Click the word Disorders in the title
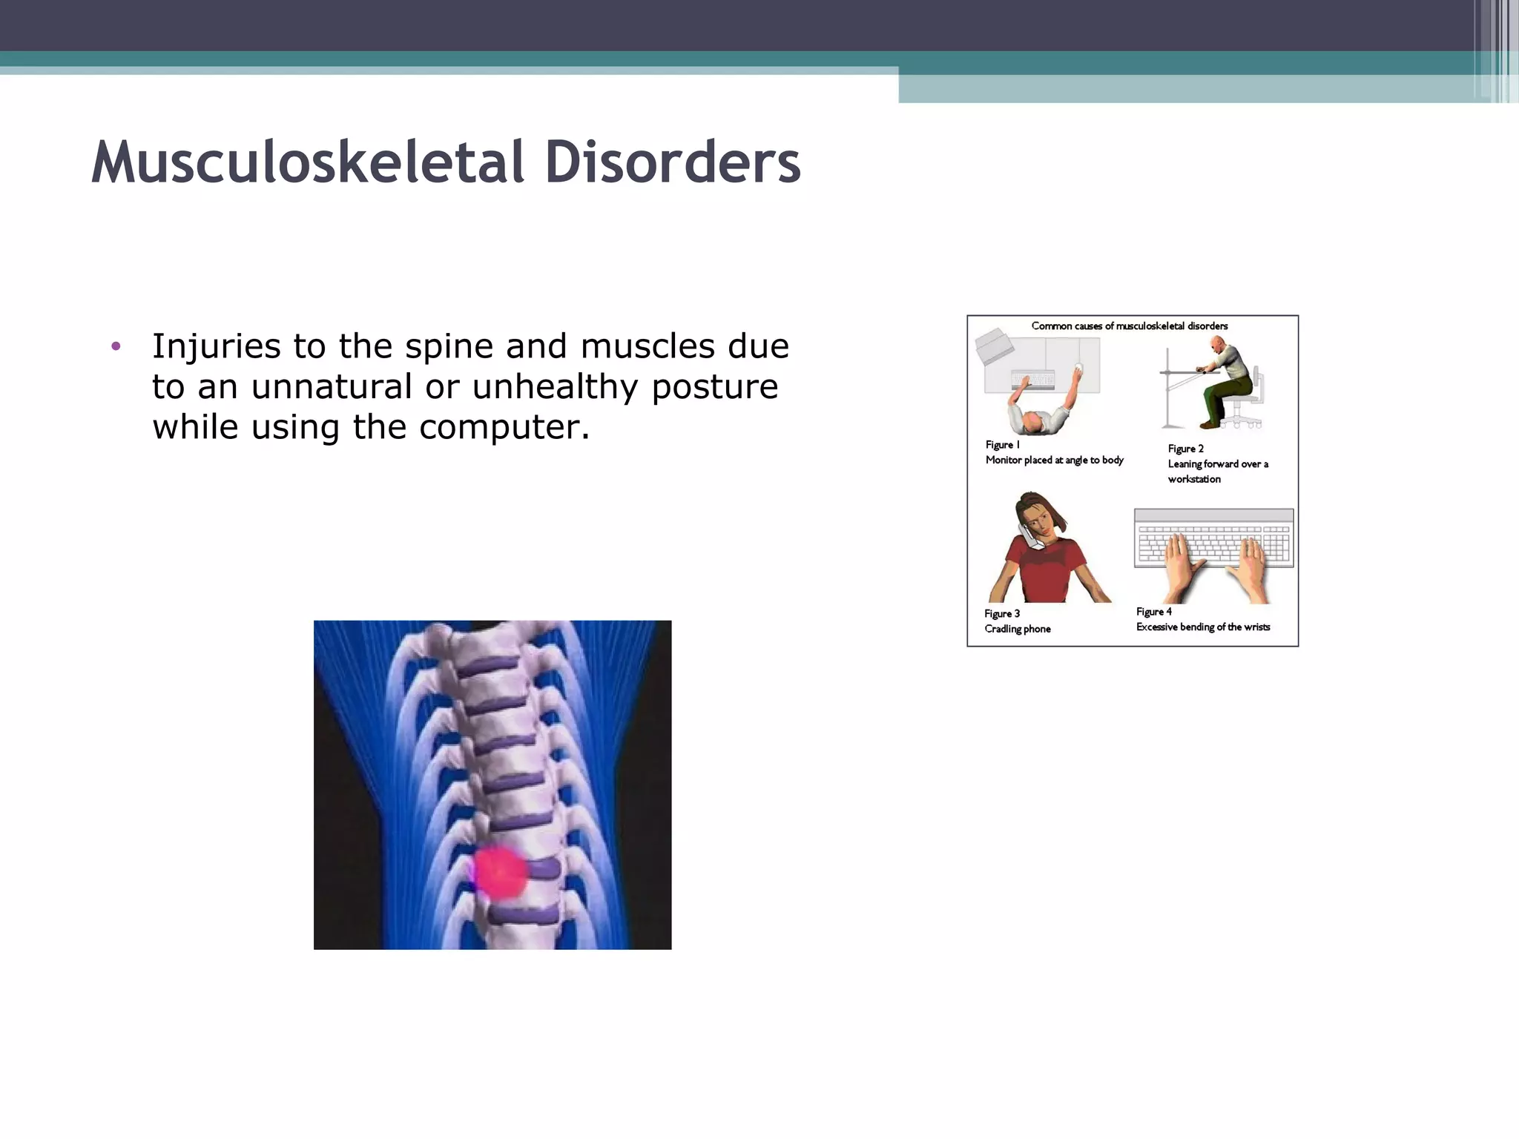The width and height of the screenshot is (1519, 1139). point(672,162)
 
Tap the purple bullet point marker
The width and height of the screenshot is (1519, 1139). point(115,346)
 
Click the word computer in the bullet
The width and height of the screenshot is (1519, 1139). point(504,427)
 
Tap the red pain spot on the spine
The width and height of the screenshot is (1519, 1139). point(500,872)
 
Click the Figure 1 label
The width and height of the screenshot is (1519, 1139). point(1002,445)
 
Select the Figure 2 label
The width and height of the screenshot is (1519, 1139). point(1185,449)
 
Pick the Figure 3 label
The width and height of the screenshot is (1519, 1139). point(1001,613)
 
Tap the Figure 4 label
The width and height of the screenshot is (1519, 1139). point(1153,612)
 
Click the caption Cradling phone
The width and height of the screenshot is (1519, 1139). point(1017,629)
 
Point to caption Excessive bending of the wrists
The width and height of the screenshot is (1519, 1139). point(1202,627)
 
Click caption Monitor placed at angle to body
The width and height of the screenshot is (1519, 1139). point(1054,460)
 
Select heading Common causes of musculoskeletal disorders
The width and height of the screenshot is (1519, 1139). point(1129,326)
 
